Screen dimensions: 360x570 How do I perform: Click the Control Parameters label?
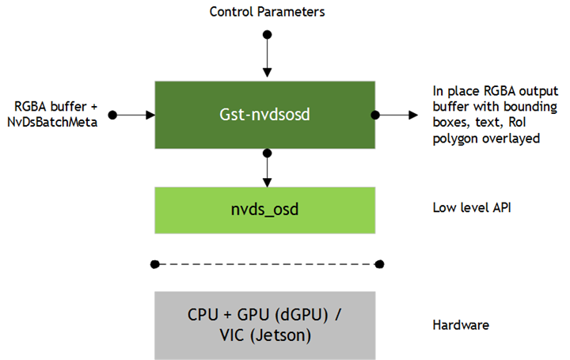(x=267, y=12)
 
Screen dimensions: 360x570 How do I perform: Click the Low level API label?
(x=469, y=210)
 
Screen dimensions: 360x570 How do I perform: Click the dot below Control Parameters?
(x=267, y=35)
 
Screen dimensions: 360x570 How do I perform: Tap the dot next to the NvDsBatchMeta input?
(x=112, y=116)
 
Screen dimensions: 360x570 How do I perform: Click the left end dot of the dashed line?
(x=154, y=263)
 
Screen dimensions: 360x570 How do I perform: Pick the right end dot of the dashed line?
(x=380, y=263)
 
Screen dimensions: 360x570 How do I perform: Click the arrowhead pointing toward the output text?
(x=413, y=116)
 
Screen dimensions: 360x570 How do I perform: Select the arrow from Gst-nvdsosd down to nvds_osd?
(x=267, y=168)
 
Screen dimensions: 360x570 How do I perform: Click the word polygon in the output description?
(x=456, y=139)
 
